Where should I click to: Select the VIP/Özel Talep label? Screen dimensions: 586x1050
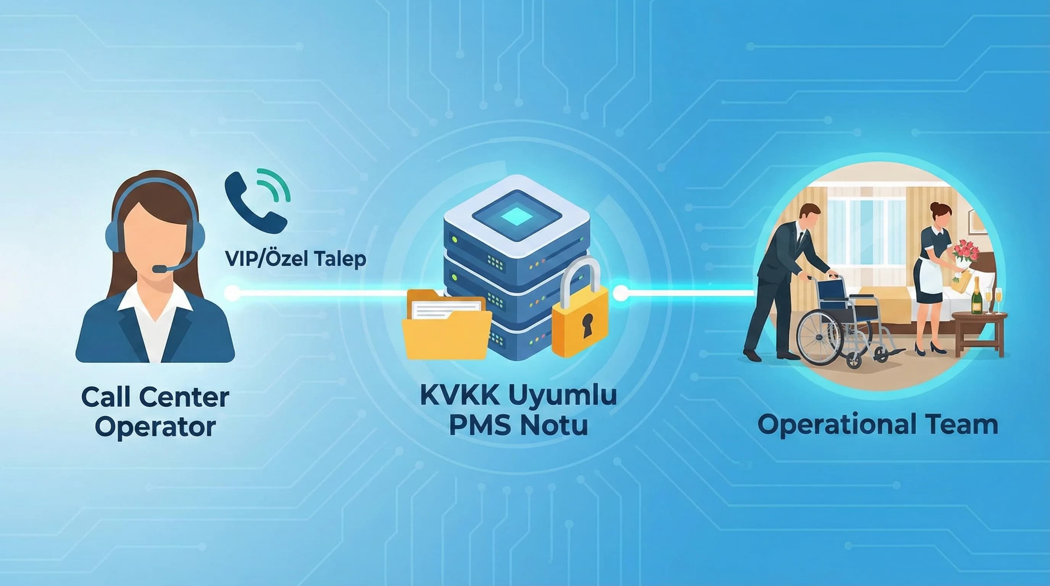pos(296,259)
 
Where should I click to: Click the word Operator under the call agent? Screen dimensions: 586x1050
pos(155,427)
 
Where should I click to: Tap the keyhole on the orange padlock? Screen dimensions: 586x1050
pos(587,324)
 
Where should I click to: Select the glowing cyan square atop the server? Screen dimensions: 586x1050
pos(517,216)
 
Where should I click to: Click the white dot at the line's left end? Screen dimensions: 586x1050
pos(232,293)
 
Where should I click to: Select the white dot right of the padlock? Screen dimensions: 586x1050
pos(621,293)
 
